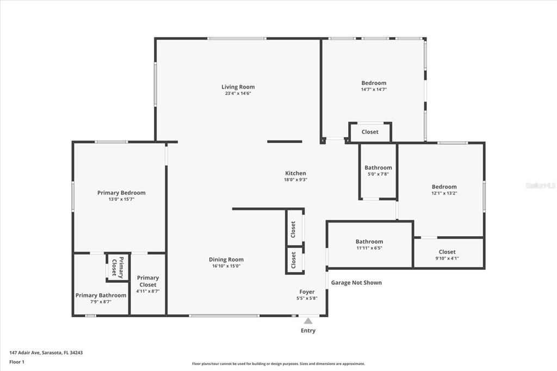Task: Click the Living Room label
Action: [238, 87]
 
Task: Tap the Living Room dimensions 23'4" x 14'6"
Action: [238, 94]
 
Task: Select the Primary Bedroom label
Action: [121, 193]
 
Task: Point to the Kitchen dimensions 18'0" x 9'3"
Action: [295, 180]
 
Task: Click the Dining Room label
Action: [226, 259]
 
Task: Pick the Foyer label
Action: [307, 292]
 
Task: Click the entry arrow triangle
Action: [308, 321]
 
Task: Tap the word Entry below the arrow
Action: [308, 331]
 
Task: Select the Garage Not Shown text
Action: [356, 283]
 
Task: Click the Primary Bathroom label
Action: [101, 295]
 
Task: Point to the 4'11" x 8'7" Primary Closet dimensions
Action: [147, 291]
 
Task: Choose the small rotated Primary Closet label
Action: [117, 267]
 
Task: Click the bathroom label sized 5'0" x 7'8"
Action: [378, 168]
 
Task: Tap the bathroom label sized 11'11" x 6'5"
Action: [369, 242]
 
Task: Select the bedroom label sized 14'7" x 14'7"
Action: [374, 83]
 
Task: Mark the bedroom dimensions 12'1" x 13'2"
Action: [444, 193]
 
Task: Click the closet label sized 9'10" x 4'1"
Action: [447, 252]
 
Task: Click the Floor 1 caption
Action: [17, 362]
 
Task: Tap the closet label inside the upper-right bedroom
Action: [370, 132]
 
